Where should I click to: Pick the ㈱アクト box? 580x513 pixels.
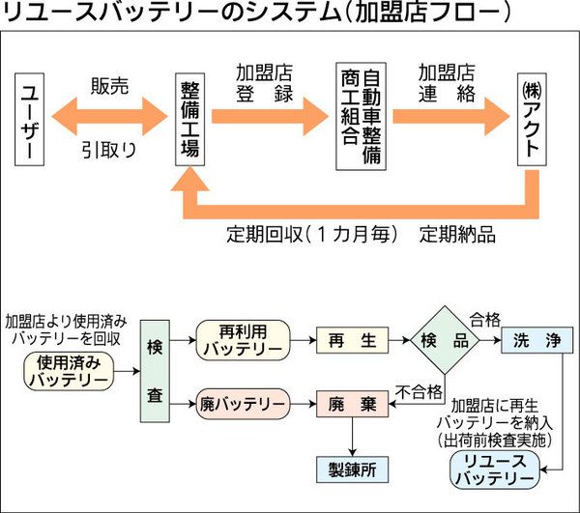(531, 119)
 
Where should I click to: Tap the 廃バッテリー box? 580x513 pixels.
(243, 401)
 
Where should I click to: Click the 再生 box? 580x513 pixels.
(345, 340)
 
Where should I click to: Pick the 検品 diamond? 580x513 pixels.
(445, 340)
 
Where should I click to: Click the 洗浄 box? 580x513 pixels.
(537, 340)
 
